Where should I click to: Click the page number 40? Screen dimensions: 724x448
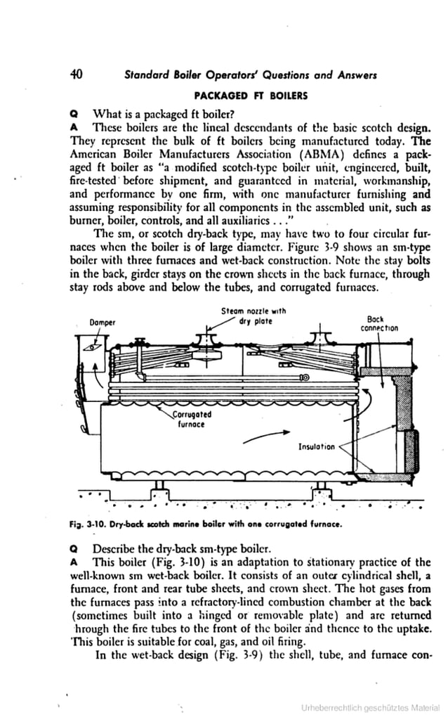77,75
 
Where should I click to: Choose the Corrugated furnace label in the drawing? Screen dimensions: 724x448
192,420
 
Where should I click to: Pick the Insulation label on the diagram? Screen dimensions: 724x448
316,446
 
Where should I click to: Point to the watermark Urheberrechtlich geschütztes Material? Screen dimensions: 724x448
371,706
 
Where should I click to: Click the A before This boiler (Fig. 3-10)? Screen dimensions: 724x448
73,562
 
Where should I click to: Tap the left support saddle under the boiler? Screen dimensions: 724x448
159,486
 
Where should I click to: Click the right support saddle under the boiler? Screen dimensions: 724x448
319,486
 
